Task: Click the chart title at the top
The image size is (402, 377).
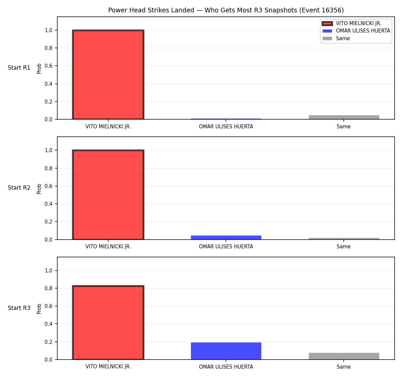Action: point(226,10)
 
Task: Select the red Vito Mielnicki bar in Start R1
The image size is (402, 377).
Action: point(108,74)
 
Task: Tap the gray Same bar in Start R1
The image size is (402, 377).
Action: point(344,117)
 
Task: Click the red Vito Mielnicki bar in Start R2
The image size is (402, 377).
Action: point(108,195)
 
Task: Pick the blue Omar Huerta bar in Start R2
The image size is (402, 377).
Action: point(226,237)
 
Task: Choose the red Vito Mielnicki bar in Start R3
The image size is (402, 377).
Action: point(108,322)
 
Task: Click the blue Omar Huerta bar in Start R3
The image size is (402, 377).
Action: point(226,351)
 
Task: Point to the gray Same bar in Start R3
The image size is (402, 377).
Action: point(344,356)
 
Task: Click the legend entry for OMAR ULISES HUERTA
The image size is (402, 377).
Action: point(356,31)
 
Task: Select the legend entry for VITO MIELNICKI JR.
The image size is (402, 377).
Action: point(352,23)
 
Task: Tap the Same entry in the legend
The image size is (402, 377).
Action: point(336,38)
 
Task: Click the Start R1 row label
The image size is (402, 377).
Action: point(19,68)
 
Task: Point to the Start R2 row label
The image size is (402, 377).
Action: point(19,188)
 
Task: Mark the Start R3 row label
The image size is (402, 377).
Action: point(19,308)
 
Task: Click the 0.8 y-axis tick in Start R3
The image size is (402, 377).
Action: point(48,288)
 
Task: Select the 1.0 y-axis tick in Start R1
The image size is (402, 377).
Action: point(48,30)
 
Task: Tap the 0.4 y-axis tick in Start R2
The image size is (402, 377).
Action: point(48,204)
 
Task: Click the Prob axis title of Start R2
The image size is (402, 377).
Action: point(39,189)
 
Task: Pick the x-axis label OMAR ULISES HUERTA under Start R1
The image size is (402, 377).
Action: point(226,127)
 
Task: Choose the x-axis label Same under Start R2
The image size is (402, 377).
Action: point(343,247)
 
